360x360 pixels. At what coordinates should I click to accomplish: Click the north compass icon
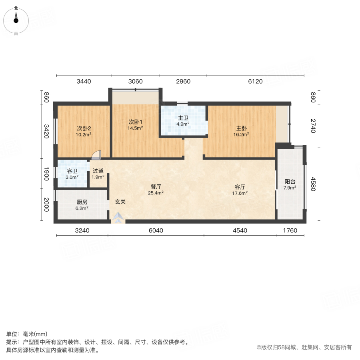(x=16, y=19)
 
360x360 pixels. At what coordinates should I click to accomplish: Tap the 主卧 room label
(x=241, y=128)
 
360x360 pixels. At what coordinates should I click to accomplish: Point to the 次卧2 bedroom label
(x=84, y=128)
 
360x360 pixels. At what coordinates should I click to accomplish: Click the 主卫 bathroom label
(x=183, y=118)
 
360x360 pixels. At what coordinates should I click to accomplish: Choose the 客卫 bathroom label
(x=72, y=171)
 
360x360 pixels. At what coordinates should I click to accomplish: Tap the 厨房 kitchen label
(x=82, y=202)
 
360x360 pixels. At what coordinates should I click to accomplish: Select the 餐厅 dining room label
(x=156, y=186)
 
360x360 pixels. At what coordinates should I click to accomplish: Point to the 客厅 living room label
(x=240, y=186)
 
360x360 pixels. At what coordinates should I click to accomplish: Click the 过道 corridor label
(x=98, y=171)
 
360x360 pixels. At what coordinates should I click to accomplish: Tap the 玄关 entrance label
(x=120, y=202)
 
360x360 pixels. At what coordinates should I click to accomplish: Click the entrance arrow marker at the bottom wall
(x=118, y=218)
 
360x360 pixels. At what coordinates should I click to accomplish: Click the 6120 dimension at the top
(x=255, y=82)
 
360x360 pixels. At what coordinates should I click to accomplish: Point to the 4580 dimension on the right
(x=313, y=184)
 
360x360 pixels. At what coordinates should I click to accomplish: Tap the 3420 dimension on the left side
(x=46, y=131)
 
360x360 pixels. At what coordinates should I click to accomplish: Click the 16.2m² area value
(x=241, y=135)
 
